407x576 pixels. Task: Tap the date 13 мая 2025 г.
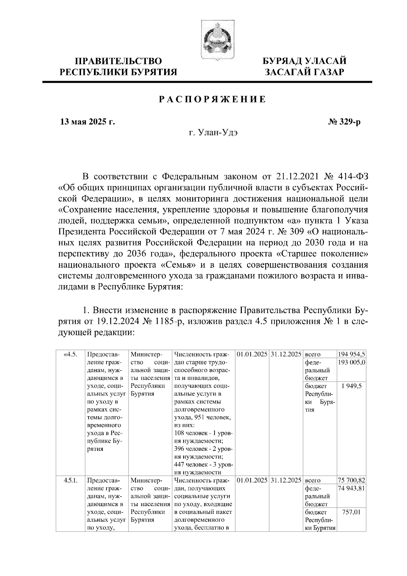click(x=87, y=122)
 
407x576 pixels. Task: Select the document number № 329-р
click(x=344, y=122)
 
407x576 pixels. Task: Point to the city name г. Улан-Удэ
click(x=213, y=132)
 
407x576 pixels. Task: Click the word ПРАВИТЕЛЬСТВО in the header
click(x=118, y=61)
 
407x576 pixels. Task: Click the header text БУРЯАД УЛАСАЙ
click(x=305, y=61)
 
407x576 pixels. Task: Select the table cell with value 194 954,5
click(x=351, y=354)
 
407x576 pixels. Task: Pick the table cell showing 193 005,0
click(x=351, y=362)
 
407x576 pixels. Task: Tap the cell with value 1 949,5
click(x=352, y=386)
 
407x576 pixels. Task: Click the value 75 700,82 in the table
click(x=351, y=480)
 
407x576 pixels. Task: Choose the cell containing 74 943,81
click(x=351, y=488)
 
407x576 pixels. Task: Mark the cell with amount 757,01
click(x=351, y=512)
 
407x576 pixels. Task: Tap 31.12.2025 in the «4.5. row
click(x=286, y=354)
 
